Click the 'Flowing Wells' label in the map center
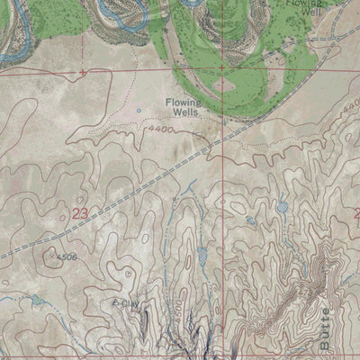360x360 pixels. coord(182,108)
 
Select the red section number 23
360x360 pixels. coord(78,213)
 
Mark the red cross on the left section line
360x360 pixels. coord(83,71)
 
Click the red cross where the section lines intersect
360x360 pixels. coord(219,68)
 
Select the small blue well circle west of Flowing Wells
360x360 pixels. coord(139,111)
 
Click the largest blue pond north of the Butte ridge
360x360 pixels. coord(283,206)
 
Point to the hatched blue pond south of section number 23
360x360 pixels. coord(202,259)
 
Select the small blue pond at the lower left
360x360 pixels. coord(36,300)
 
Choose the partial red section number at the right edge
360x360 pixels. coord(355,213)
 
